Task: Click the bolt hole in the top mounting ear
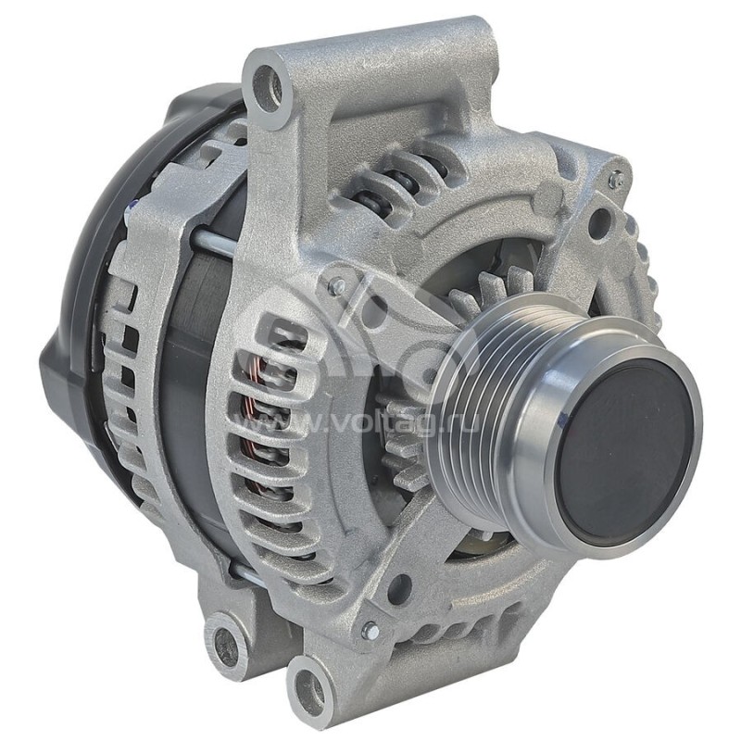pos(269,85)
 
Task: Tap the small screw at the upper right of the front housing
pos(615,182)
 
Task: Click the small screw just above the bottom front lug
pos(370,631)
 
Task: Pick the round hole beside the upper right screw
pos(598,221)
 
